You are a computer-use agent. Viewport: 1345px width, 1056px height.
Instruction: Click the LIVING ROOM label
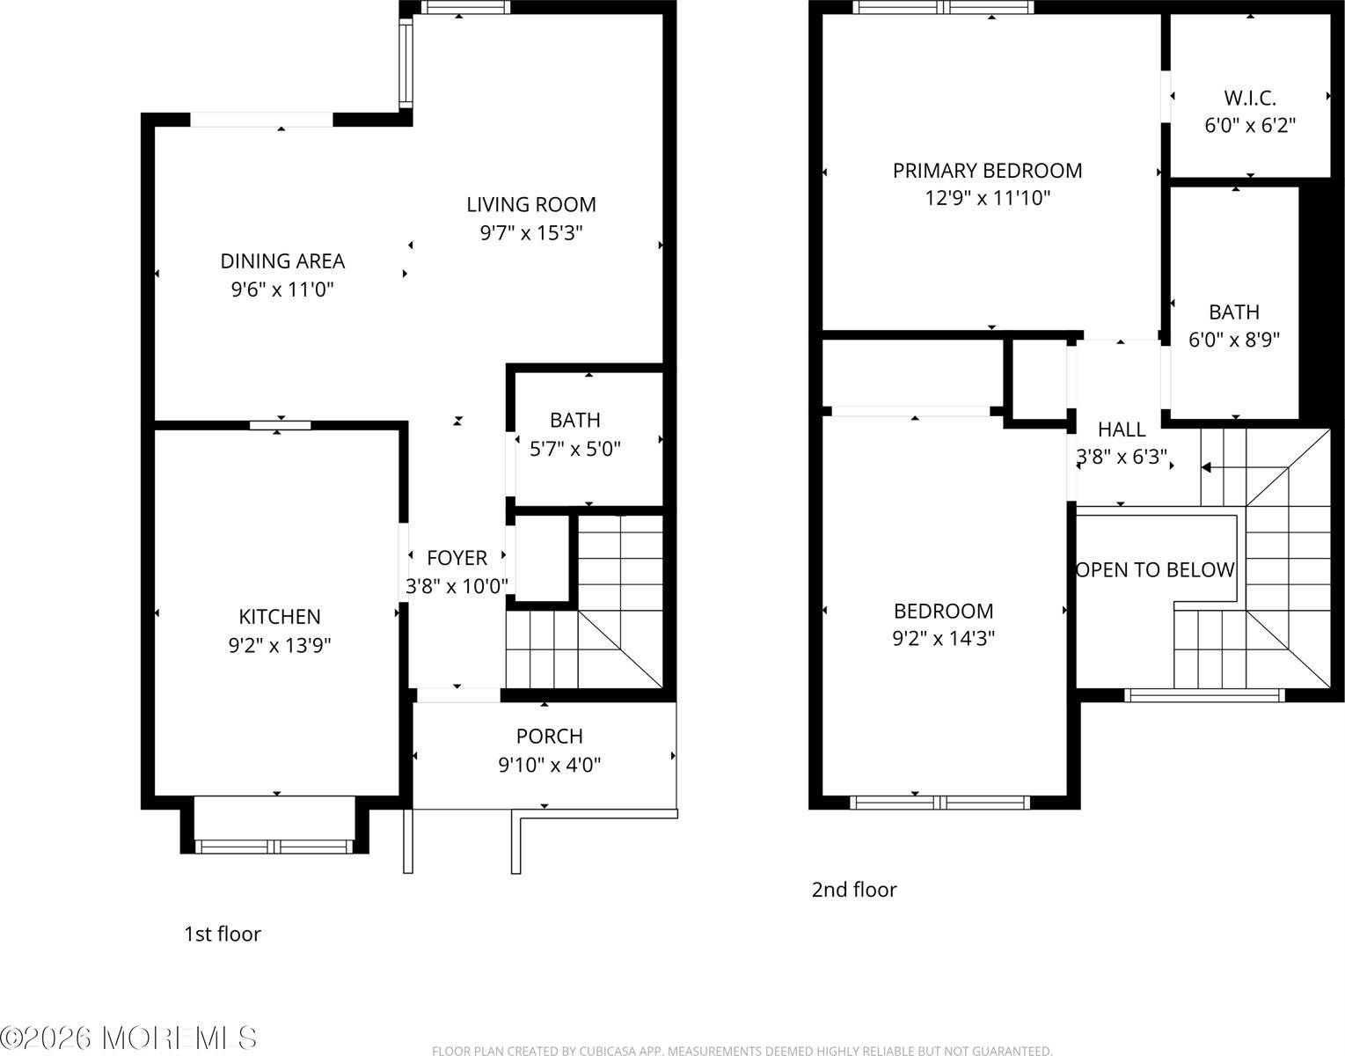click(x=530, y=204)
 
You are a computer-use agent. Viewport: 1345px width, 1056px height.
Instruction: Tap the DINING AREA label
click(x=281, y=260)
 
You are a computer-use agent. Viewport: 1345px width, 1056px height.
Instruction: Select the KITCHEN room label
click(x=280, y=616)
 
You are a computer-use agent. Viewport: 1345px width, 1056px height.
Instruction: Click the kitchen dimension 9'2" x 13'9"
click(x=280, y=645)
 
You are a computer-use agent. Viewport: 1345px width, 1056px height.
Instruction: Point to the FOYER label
click(x=457, y=557)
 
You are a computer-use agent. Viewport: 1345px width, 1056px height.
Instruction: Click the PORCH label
click(x=549, y=736)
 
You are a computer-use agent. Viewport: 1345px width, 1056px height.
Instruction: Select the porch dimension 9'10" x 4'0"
click(x=549, y=765)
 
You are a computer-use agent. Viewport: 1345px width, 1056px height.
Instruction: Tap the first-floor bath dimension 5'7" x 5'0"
click(x=574, y=449)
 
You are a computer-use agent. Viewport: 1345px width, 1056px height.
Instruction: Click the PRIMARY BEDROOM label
click(x=987, y=170)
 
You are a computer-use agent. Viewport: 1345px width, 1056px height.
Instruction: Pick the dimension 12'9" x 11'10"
click(x=987, y=198)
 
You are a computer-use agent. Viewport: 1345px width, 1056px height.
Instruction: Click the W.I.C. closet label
click(x=1249, y=98)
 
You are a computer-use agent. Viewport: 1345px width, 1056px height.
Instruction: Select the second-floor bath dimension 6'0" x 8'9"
click(x=1233, y=340)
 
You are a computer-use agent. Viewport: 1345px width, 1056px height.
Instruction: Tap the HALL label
click(x=1122, y=429)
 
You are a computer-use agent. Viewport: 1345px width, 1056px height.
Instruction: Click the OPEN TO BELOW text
click(x=1155, y=569)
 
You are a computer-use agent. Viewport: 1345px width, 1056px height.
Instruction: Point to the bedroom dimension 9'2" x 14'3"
click(x=943, y=638)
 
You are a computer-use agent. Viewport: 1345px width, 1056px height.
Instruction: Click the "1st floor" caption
click(x=222, y=934)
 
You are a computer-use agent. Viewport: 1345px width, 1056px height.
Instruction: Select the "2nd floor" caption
click(x=853, y=890)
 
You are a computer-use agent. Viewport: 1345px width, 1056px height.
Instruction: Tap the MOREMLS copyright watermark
click(x=129, y=1038)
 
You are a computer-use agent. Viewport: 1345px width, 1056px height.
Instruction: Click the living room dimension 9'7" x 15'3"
click(x=530, y=233)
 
